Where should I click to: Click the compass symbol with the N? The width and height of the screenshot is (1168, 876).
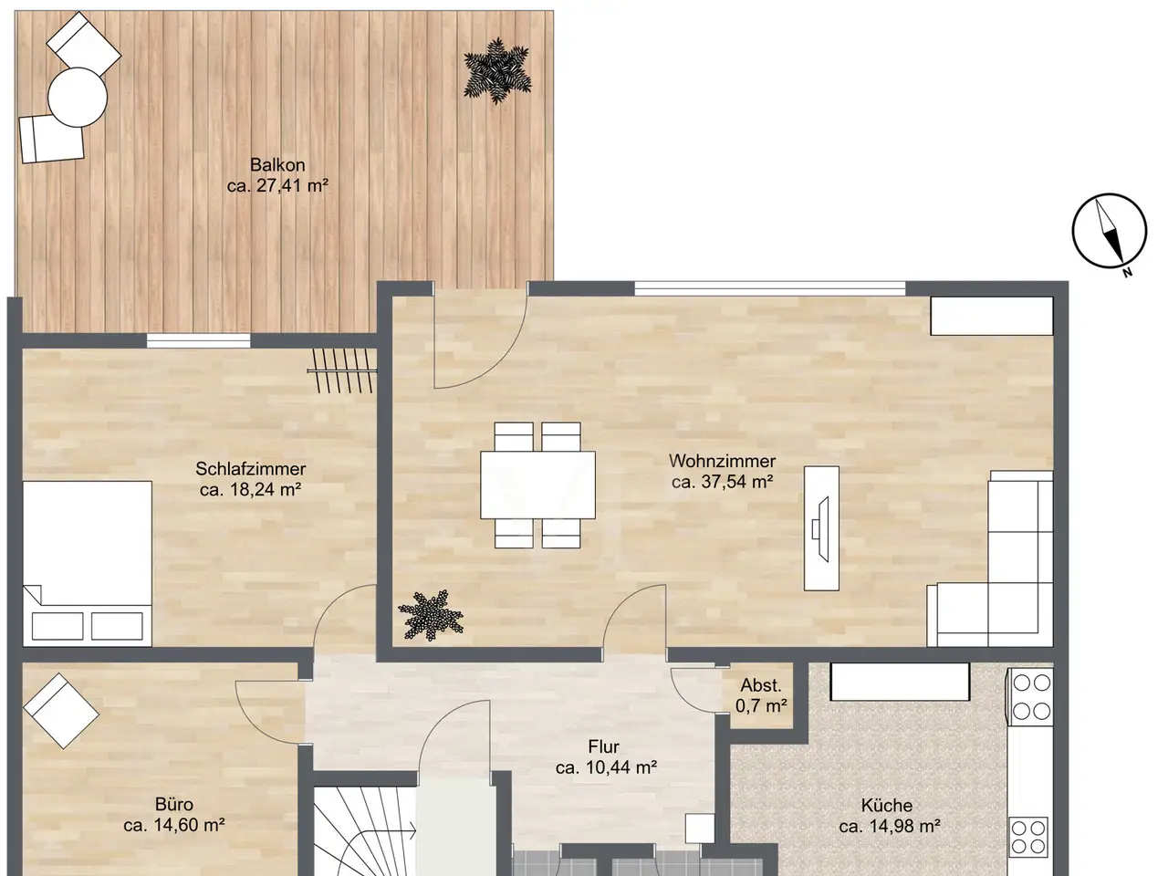coord(1110,232)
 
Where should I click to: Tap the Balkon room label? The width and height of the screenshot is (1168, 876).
coord(277,165)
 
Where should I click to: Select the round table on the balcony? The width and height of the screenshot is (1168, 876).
coord(78,98)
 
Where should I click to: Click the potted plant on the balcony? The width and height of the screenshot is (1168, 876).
coord(497,70)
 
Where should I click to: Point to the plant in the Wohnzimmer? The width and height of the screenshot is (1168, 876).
coord(431,615)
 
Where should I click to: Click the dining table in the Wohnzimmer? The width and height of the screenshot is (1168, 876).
coord(538,485)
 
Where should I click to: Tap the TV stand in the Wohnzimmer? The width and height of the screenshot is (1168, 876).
coord(821,528)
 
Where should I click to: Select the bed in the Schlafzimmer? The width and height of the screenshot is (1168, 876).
coord(88,564)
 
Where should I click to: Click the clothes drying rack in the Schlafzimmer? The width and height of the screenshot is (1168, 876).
coord(342,370)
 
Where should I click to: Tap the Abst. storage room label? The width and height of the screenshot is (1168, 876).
coord(761,685)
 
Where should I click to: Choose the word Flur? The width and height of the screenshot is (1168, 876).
coord(603,746)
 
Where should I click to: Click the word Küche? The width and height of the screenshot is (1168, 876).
coord(887,805)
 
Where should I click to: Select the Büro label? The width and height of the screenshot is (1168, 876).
coord(174,804)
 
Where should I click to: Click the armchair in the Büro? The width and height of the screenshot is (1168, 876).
coord(61,711)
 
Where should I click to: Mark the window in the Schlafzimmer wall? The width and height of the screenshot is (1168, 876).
coord(199,340)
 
